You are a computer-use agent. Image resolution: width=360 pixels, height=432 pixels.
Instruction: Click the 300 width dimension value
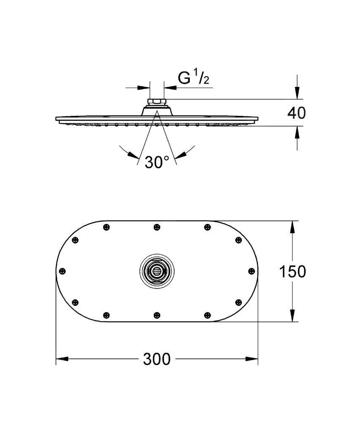point(157,359)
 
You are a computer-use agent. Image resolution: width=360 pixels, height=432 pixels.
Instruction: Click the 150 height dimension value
point(292,272)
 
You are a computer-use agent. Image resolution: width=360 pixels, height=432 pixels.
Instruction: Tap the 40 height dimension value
point(296,113)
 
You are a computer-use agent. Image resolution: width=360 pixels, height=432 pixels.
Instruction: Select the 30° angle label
point(157,162)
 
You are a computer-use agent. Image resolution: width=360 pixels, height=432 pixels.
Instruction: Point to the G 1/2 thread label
point(193,78)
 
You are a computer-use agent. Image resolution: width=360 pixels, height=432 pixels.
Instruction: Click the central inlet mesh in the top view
point(157,271)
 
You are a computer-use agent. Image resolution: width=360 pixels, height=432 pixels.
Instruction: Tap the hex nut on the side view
point(157,102)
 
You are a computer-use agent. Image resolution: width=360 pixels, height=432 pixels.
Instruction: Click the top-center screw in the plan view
point(157,227)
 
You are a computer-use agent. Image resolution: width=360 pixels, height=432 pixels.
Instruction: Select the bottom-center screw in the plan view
point(157,315)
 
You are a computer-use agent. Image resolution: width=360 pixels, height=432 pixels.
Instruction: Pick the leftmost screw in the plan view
point(62,271)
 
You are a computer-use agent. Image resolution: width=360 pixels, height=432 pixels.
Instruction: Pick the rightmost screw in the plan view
point(251,271)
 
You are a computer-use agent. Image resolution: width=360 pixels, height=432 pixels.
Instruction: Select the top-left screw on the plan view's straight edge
point(106,227)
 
